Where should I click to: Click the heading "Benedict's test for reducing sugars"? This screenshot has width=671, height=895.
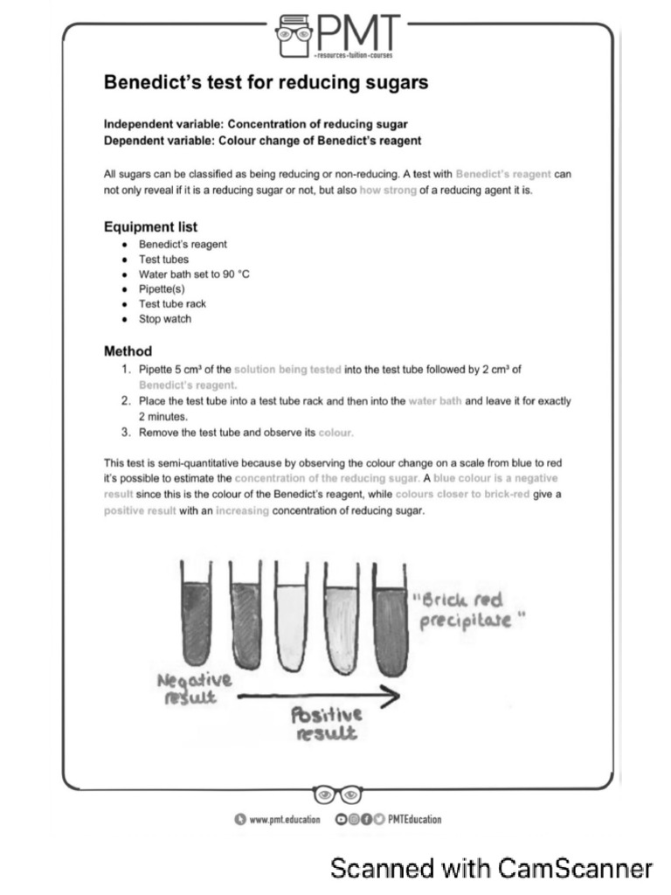[266, 82]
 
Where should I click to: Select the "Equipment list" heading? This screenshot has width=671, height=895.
[150, 226]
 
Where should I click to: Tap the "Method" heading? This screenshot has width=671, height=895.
[128, 351]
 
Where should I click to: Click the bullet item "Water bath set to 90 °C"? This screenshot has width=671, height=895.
[194, 274]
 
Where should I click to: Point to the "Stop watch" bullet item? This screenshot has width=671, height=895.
[164, 319]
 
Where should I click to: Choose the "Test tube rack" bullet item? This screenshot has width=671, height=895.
[172, 304]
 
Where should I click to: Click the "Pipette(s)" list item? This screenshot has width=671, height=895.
[162, 289]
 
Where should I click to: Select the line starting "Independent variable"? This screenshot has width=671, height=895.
[256, 124]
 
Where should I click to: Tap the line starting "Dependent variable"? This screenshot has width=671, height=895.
[262, 140]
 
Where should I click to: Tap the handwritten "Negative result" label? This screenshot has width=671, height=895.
[194, 689]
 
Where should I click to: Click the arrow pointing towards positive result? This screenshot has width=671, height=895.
[319, 696]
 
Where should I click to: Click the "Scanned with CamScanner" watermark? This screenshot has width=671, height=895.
[491, 869]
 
